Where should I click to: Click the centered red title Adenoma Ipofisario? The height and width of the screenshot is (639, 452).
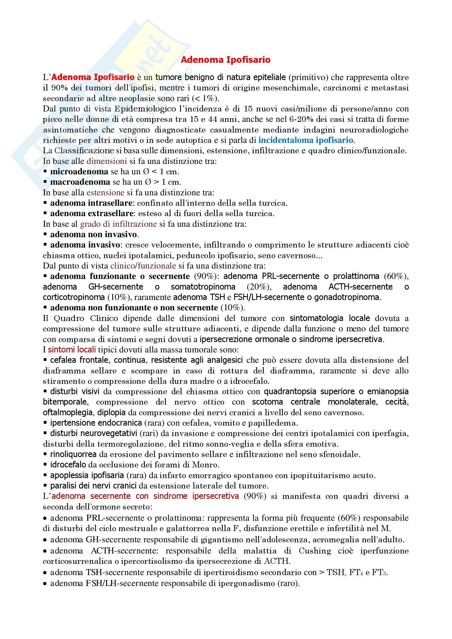(225, 60)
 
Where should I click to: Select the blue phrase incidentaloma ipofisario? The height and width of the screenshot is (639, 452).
(306, 140)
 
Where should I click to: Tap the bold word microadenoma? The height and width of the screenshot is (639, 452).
(79, 172)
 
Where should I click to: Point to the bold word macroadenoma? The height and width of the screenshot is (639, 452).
(80, 182)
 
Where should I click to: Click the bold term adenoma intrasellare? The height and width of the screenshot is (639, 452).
(91, 203)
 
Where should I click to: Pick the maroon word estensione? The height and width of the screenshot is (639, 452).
(105, 193)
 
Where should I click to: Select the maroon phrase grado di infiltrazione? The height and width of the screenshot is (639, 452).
(119, 224)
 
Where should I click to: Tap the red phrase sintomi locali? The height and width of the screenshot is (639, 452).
(72, 350)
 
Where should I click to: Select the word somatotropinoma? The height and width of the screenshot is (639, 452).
(203, 287)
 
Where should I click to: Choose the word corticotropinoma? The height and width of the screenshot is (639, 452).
(74, 297)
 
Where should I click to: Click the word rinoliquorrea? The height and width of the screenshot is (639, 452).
(73, 455)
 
